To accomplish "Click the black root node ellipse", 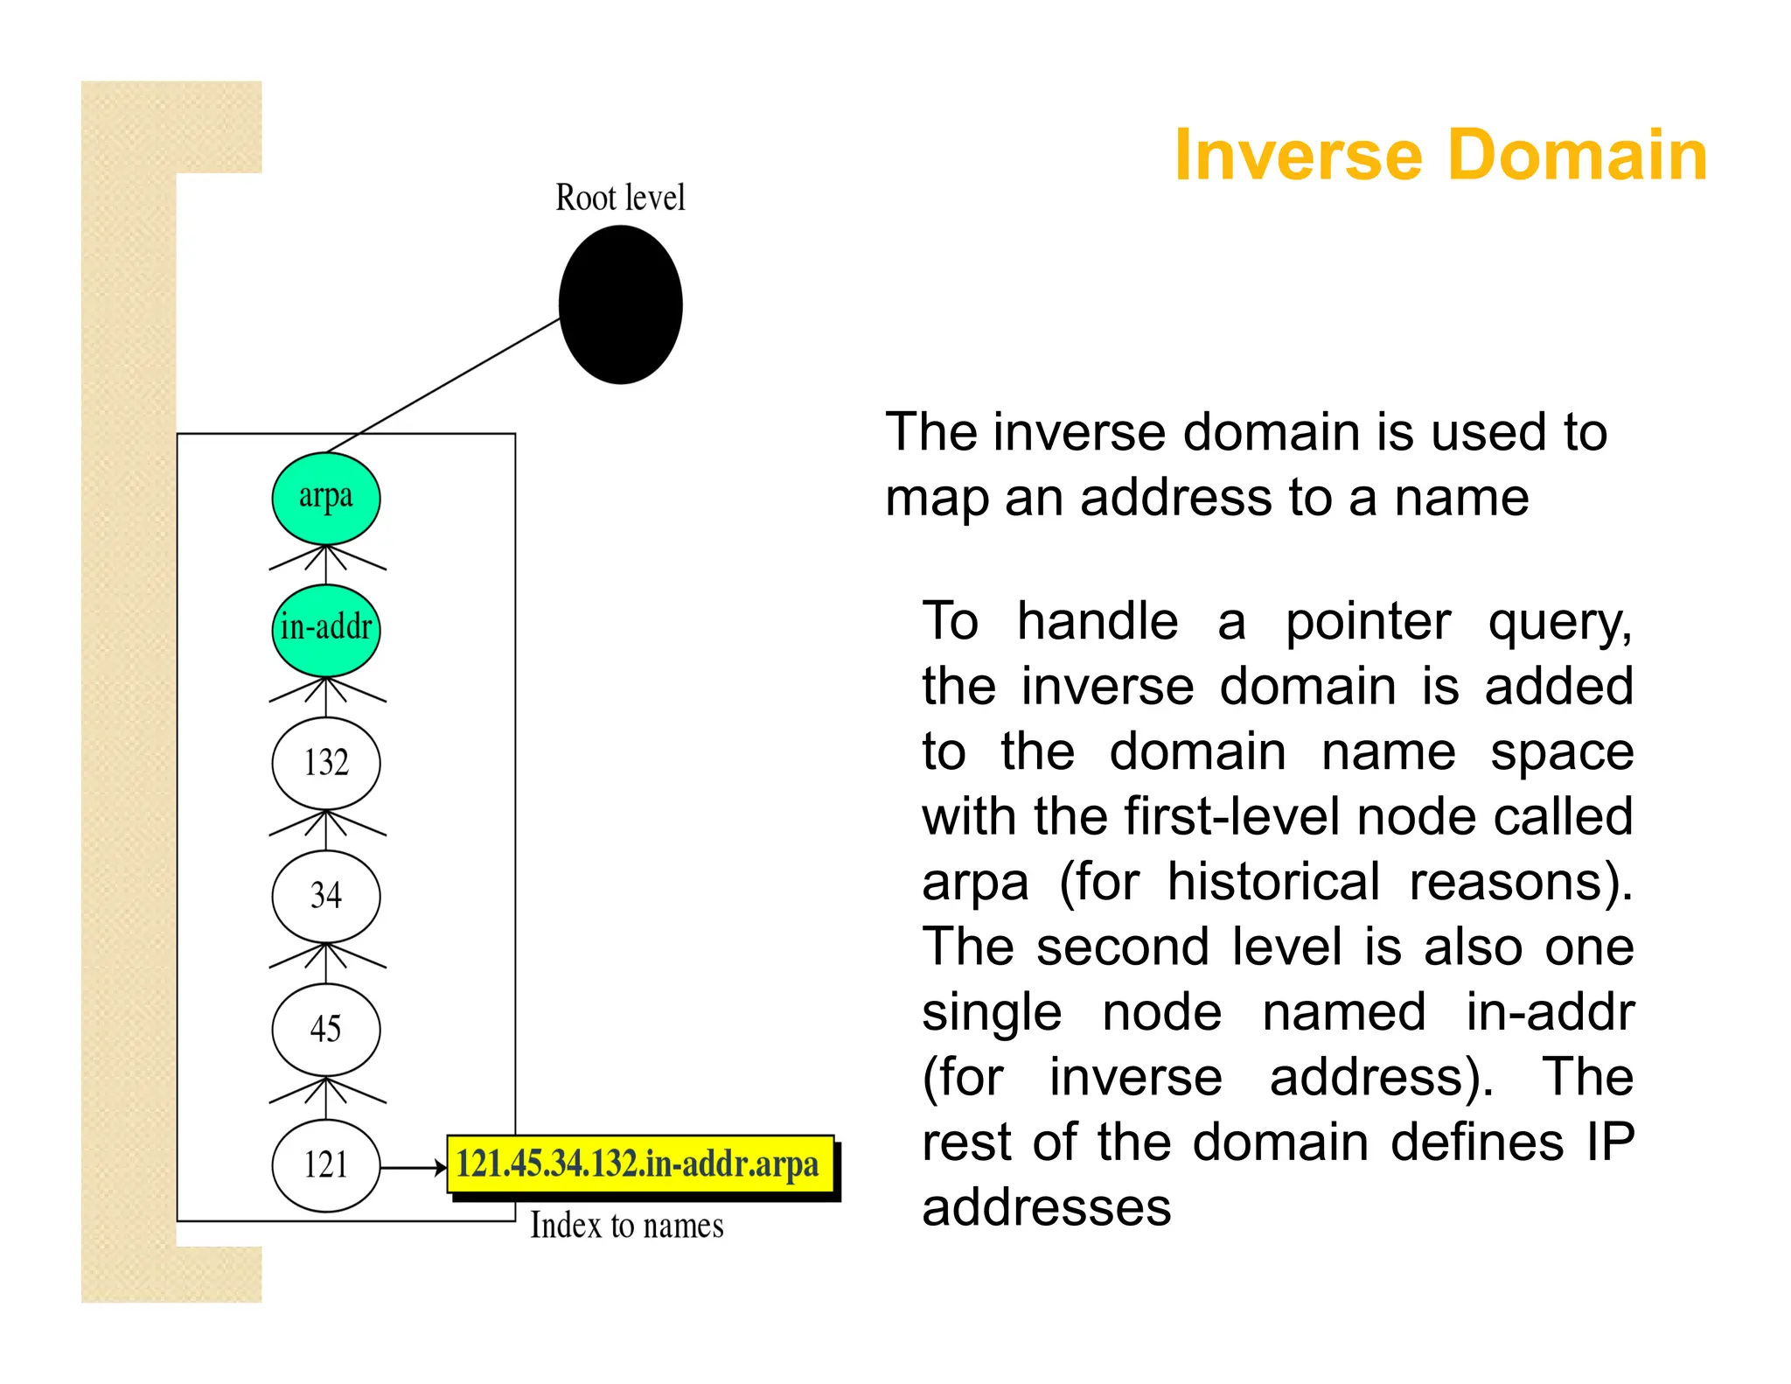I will click(620, 304).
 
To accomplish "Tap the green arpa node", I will click(326, 498).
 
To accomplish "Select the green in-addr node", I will click(326, 629).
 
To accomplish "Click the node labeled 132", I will click(326, 763).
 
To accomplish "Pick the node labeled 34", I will click(326, 896).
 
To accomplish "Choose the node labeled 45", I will click(326, 1029).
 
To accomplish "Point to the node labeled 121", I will click(326, 1165).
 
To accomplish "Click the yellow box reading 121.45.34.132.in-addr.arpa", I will click(638, 1164).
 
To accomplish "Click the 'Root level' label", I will click(620, 198).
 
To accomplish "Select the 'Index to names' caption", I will click(627, 1226).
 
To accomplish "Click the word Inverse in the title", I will click(1298, 155).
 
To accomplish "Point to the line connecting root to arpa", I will click(444, 385).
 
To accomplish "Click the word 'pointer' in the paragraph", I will click(1368, 622).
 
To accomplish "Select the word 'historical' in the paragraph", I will click(1273, 882).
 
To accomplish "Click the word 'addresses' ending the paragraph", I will click(1046, 1208).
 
